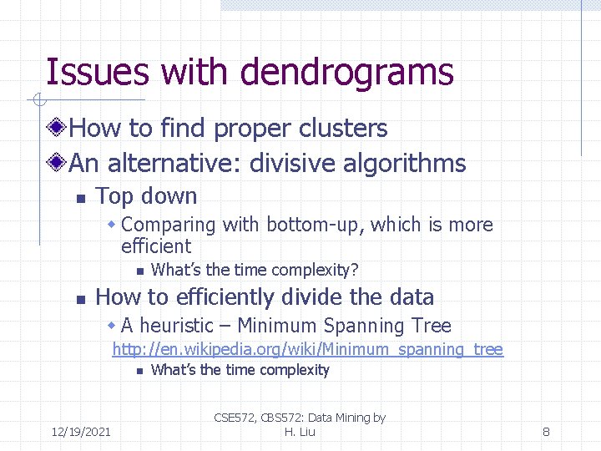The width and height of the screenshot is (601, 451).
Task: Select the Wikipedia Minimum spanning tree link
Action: pyautogui.click(x=307, y=349)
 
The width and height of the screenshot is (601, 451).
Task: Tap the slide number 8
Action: pyautogui.click(x=546, y=432)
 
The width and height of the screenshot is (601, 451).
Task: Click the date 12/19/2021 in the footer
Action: pyautogui.click(x=81, y=432)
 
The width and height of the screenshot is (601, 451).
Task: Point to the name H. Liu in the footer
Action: pyautogui.click(x=300, y=432)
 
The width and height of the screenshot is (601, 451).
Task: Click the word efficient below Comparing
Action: pyautogui.click(x=156, y=246)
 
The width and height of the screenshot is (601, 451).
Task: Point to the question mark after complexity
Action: pyautogui.click(x=355, y=270)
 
